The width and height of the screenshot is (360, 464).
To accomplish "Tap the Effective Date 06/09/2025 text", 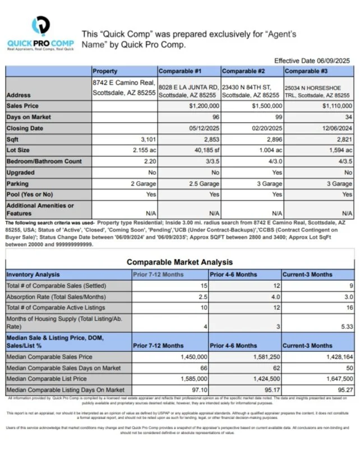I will click(312, 60).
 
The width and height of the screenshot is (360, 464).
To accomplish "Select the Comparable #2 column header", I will click(242, 71).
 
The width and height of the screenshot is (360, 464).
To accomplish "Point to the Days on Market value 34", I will click(348, 117).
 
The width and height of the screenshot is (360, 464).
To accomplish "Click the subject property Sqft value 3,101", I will click(145, 140).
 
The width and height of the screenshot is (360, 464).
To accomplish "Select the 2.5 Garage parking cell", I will click(201, 183).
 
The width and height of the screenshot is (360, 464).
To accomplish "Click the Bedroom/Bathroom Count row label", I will click(44, 161).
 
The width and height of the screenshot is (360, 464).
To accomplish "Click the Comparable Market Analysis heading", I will click(179, 262).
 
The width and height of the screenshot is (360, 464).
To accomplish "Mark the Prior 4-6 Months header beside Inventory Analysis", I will click(233, 275).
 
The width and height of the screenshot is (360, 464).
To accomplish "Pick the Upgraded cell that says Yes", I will click(276, 173).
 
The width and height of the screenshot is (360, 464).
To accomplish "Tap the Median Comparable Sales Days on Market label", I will click(63, 368).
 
